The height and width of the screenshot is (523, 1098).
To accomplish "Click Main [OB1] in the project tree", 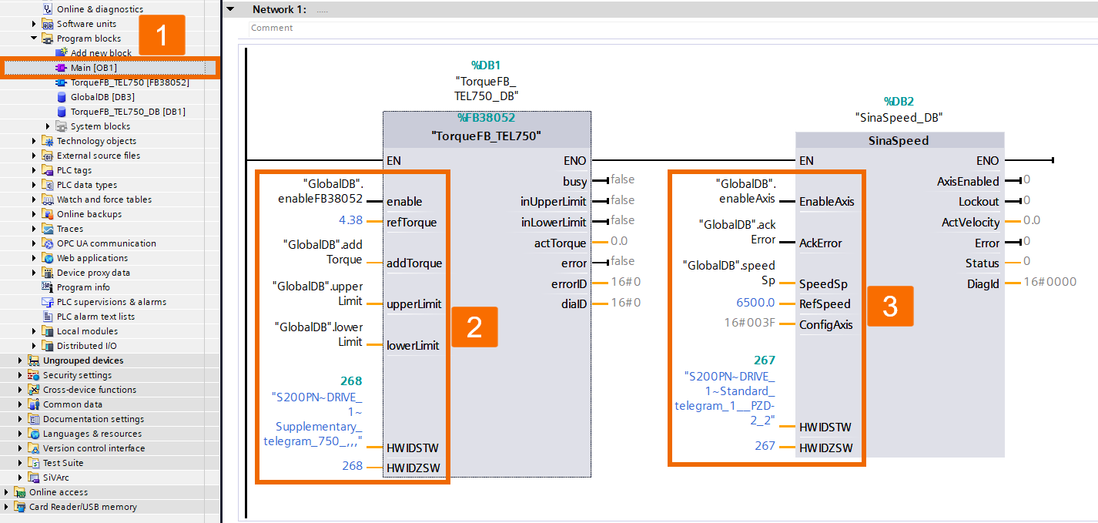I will (x=93, y=68).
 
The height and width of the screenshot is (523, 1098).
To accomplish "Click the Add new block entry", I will (x=101, y=53).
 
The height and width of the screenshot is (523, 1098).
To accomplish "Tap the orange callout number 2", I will (x=474, y=327).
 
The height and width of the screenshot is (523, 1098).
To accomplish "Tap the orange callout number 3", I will (x=890, y=307).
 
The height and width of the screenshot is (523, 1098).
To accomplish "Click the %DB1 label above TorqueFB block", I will (x=486, y=65).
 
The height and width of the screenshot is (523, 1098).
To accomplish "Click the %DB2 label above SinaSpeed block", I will (x=899, y=102).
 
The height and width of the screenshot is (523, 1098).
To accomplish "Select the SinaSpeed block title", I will (x=899, y=141).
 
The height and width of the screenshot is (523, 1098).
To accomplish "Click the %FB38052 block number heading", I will (x=486, y=119).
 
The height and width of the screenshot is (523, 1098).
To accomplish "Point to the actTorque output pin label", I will (x=560, y=243).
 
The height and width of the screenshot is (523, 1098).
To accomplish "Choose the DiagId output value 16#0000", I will (x=1049, y=283).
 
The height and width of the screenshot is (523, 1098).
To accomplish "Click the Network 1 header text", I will (x=279, y=9).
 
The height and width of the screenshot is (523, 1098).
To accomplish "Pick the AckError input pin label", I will (x=820, y=243).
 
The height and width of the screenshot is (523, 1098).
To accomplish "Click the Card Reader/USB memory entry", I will (x=82, y=507).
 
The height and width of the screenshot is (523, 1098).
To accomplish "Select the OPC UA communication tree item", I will (x=105, y=243).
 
